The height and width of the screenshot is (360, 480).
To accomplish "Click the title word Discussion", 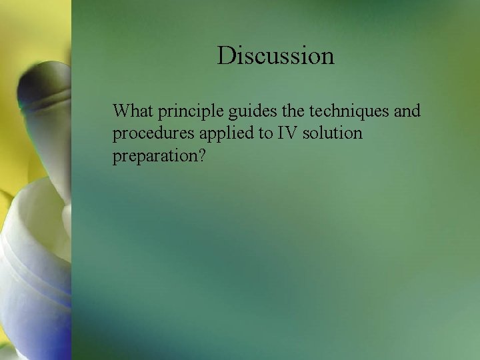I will pyautogui.click(x=275, y=55).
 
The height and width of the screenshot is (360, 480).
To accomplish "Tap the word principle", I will pyautogui.click(x=189, y=111).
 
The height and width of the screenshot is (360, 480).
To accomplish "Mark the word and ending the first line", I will pyautogui.click(x=407, y=111).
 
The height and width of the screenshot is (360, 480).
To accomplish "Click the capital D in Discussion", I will pyautogui.click(x=226, y=55).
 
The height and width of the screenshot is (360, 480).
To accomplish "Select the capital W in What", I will pyautogui.click(x=121, y=111).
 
